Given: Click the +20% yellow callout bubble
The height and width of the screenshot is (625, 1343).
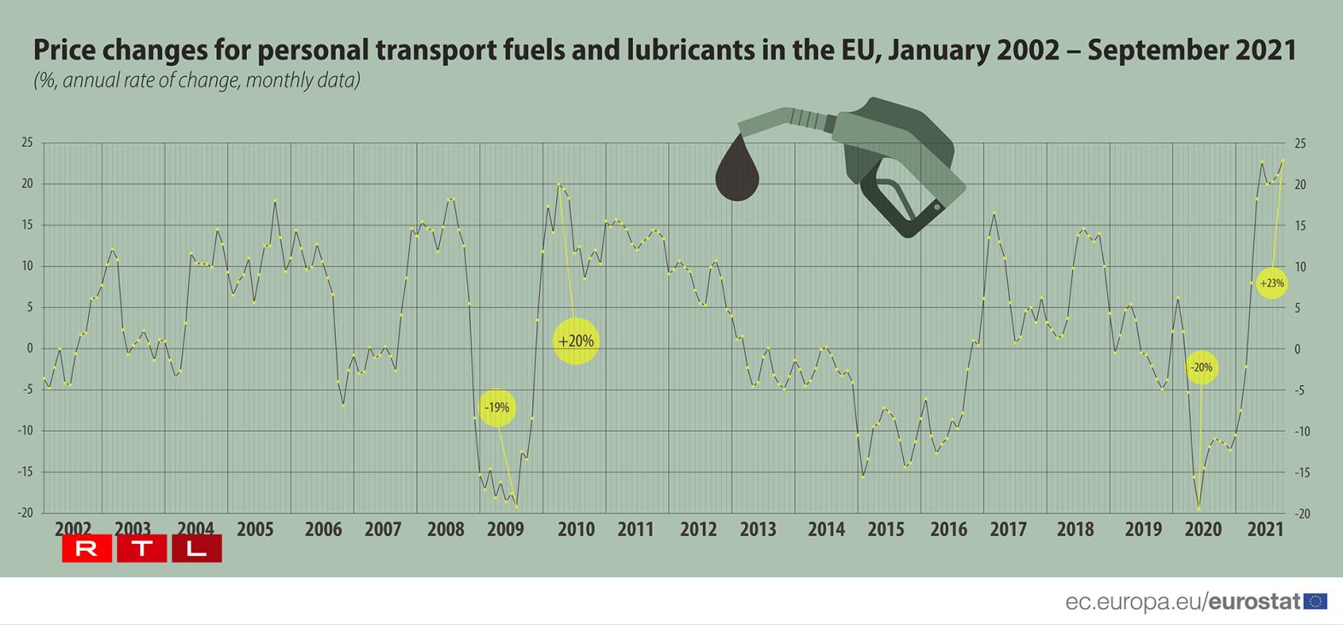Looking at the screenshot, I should [x=576, y=341].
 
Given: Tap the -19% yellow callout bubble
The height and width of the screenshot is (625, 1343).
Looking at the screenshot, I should [x=497, y=408].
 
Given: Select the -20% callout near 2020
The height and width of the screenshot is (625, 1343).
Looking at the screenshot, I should [x=1201, y=367].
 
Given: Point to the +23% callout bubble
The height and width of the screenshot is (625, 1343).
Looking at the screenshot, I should [x=1271, y=283].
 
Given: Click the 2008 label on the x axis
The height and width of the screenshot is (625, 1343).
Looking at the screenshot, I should [x=445, y=529].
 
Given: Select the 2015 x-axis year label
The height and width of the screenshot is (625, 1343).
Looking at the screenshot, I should [x=885, y=529].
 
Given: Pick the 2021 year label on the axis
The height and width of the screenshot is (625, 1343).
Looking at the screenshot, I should [x=1265, y=529].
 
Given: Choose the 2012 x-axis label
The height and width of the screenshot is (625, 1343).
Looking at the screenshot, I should [x=698, y=529].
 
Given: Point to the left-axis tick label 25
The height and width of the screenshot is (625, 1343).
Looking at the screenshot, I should [x=27, y=143].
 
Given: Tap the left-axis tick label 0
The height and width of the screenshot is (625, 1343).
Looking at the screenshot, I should [x=30, y=348].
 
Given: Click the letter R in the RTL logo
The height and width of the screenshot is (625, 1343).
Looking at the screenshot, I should [x=86, y=549].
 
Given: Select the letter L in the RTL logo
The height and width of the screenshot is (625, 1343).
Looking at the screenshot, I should [x=196, y=549].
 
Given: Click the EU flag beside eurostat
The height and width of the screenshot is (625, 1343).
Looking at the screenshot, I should [x=1316, y=601].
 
